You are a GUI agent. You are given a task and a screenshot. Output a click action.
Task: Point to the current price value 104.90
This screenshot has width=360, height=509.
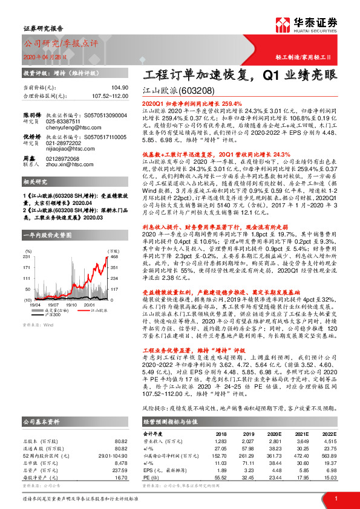tap(120, 88)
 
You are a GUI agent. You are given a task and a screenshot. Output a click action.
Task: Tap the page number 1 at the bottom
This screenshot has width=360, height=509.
tap(335, 499)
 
